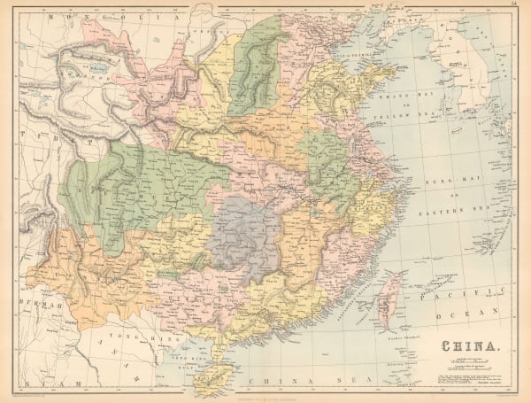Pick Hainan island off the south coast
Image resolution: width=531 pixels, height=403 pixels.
[x=210, y=376]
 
